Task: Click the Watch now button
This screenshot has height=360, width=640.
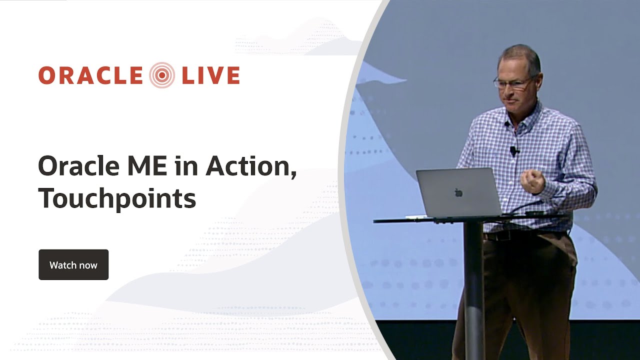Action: [73, 265]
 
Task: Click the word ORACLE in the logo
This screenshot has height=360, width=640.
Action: [90, 75]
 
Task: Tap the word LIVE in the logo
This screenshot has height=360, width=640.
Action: [210, 75]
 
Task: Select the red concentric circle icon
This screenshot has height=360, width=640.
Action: [162, 75]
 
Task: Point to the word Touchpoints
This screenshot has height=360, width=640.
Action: [117, 198]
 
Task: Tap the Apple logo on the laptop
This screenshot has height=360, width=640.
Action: [458, 192]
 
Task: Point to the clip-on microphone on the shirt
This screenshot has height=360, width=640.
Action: [513, 150]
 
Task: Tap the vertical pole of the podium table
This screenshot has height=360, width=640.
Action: [473, 290]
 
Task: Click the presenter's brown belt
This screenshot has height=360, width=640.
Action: [525, 235]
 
